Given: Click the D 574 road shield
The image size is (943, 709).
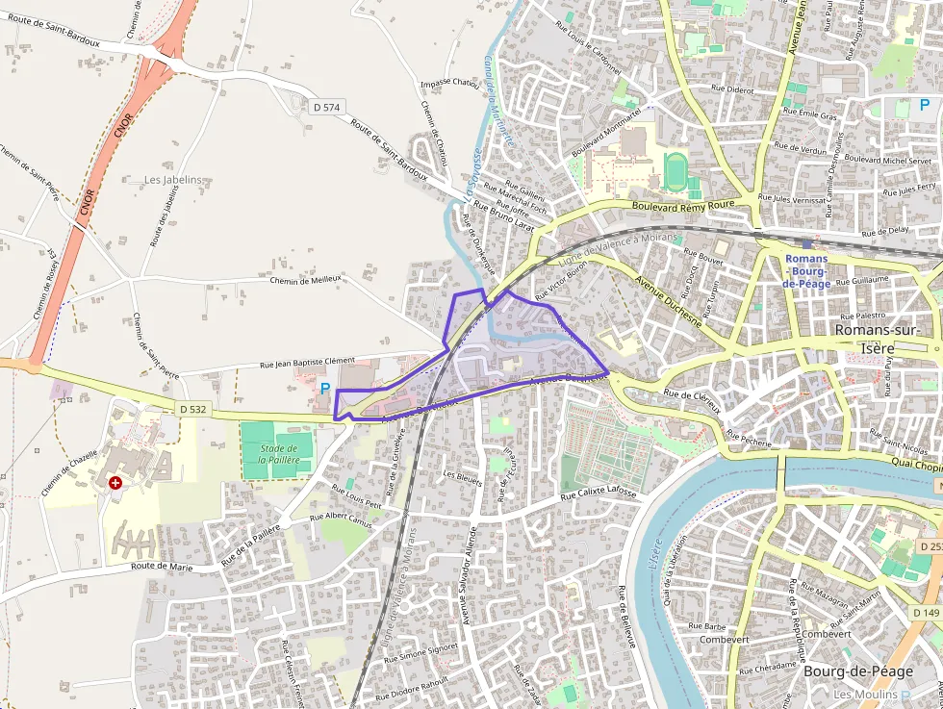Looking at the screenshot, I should [x=327, y=107].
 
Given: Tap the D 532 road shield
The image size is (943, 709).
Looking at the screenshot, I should [x=192, y=409].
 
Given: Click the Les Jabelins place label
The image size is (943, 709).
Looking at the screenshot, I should [x=173, y=180].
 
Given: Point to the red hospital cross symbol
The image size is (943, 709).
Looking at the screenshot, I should [x=115, y=482].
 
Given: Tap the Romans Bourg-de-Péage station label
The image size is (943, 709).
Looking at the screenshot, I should [x=805, y=271].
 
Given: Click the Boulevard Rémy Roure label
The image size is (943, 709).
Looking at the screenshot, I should [x=683, y=205].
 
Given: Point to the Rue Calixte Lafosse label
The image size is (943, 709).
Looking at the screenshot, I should [x=599, y=494].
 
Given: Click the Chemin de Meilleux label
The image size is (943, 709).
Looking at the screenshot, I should [x=307, y=279].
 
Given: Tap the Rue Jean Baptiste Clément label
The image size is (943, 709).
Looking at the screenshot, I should [x=307, y=363].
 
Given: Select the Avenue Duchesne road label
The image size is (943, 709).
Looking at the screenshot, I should [x=668, y=299].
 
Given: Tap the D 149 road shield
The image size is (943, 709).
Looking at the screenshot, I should [x=928, y=613].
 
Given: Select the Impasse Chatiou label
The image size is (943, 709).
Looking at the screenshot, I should [x=449, y=83].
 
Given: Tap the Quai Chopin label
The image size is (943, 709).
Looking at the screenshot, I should [x=918, y=466].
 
